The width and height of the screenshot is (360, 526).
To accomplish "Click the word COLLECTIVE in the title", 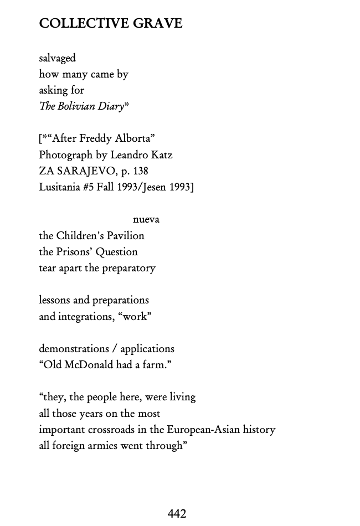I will click(83, 23).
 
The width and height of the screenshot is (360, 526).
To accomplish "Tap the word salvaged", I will click(57, 58).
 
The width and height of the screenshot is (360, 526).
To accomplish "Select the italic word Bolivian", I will click(75, 106).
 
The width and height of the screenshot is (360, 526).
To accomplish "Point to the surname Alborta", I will click(132, 138).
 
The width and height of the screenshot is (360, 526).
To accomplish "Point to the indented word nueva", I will click(146, 220).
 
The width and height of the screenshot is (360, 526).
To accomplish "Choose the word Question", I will click(116, 252).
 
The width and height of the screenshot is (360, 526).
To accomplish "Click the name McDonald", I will click(90, 365).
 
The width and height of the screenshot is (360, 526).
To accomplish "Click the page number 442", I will click(177, 514).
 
